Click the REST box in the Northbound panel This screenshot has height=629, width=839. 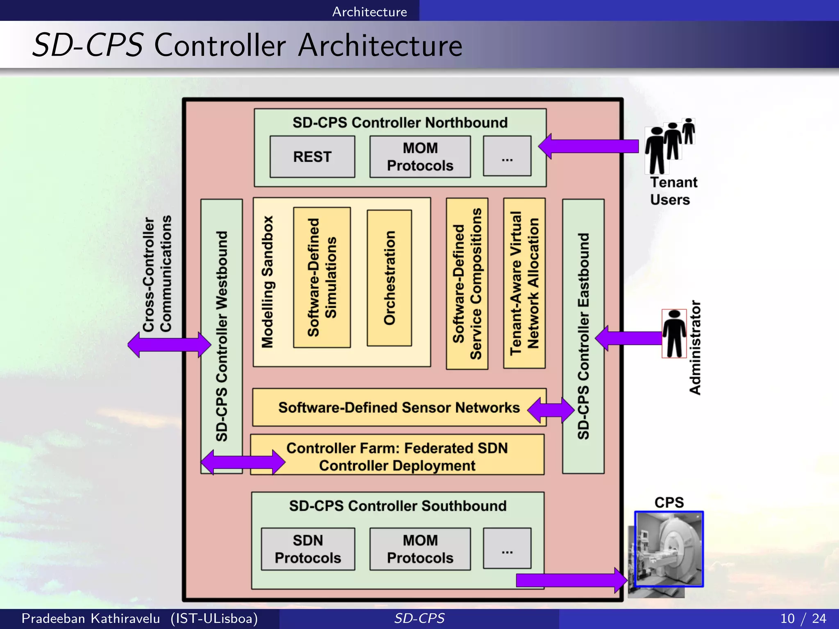point(312,157)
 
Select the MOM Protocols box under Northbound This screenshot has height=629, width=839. point(420,157)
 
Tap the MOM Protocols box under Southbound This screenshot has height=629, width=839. point(420,549)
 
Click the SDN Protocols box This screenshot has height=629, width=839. point(308,549)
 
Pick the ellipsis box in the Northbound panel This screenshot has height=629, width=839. point(507,156)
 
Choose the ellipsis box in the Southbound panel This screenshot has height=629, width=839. point(507,549)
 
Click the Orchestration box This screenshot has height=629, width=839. point(389,278)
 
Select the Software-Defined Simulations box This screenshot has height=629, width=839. point(322,278)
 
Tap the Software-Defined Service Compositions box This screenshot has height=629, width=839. point(467,284)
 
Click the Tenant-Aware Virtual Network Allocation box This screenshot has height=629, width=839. point(524,283)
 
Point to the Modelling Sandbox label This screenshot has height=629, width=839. point(268,282)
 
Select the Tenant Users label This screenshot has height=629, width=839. point(673,191)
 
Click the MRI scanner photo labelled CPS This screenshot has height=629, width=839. point(669,549)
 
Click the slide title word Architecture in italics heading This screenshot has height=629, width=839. point(380,45)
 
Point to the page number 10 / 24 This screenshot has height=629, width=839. point(803,618)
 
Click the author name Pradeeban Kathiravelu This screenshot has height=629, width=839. point(91,618)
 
